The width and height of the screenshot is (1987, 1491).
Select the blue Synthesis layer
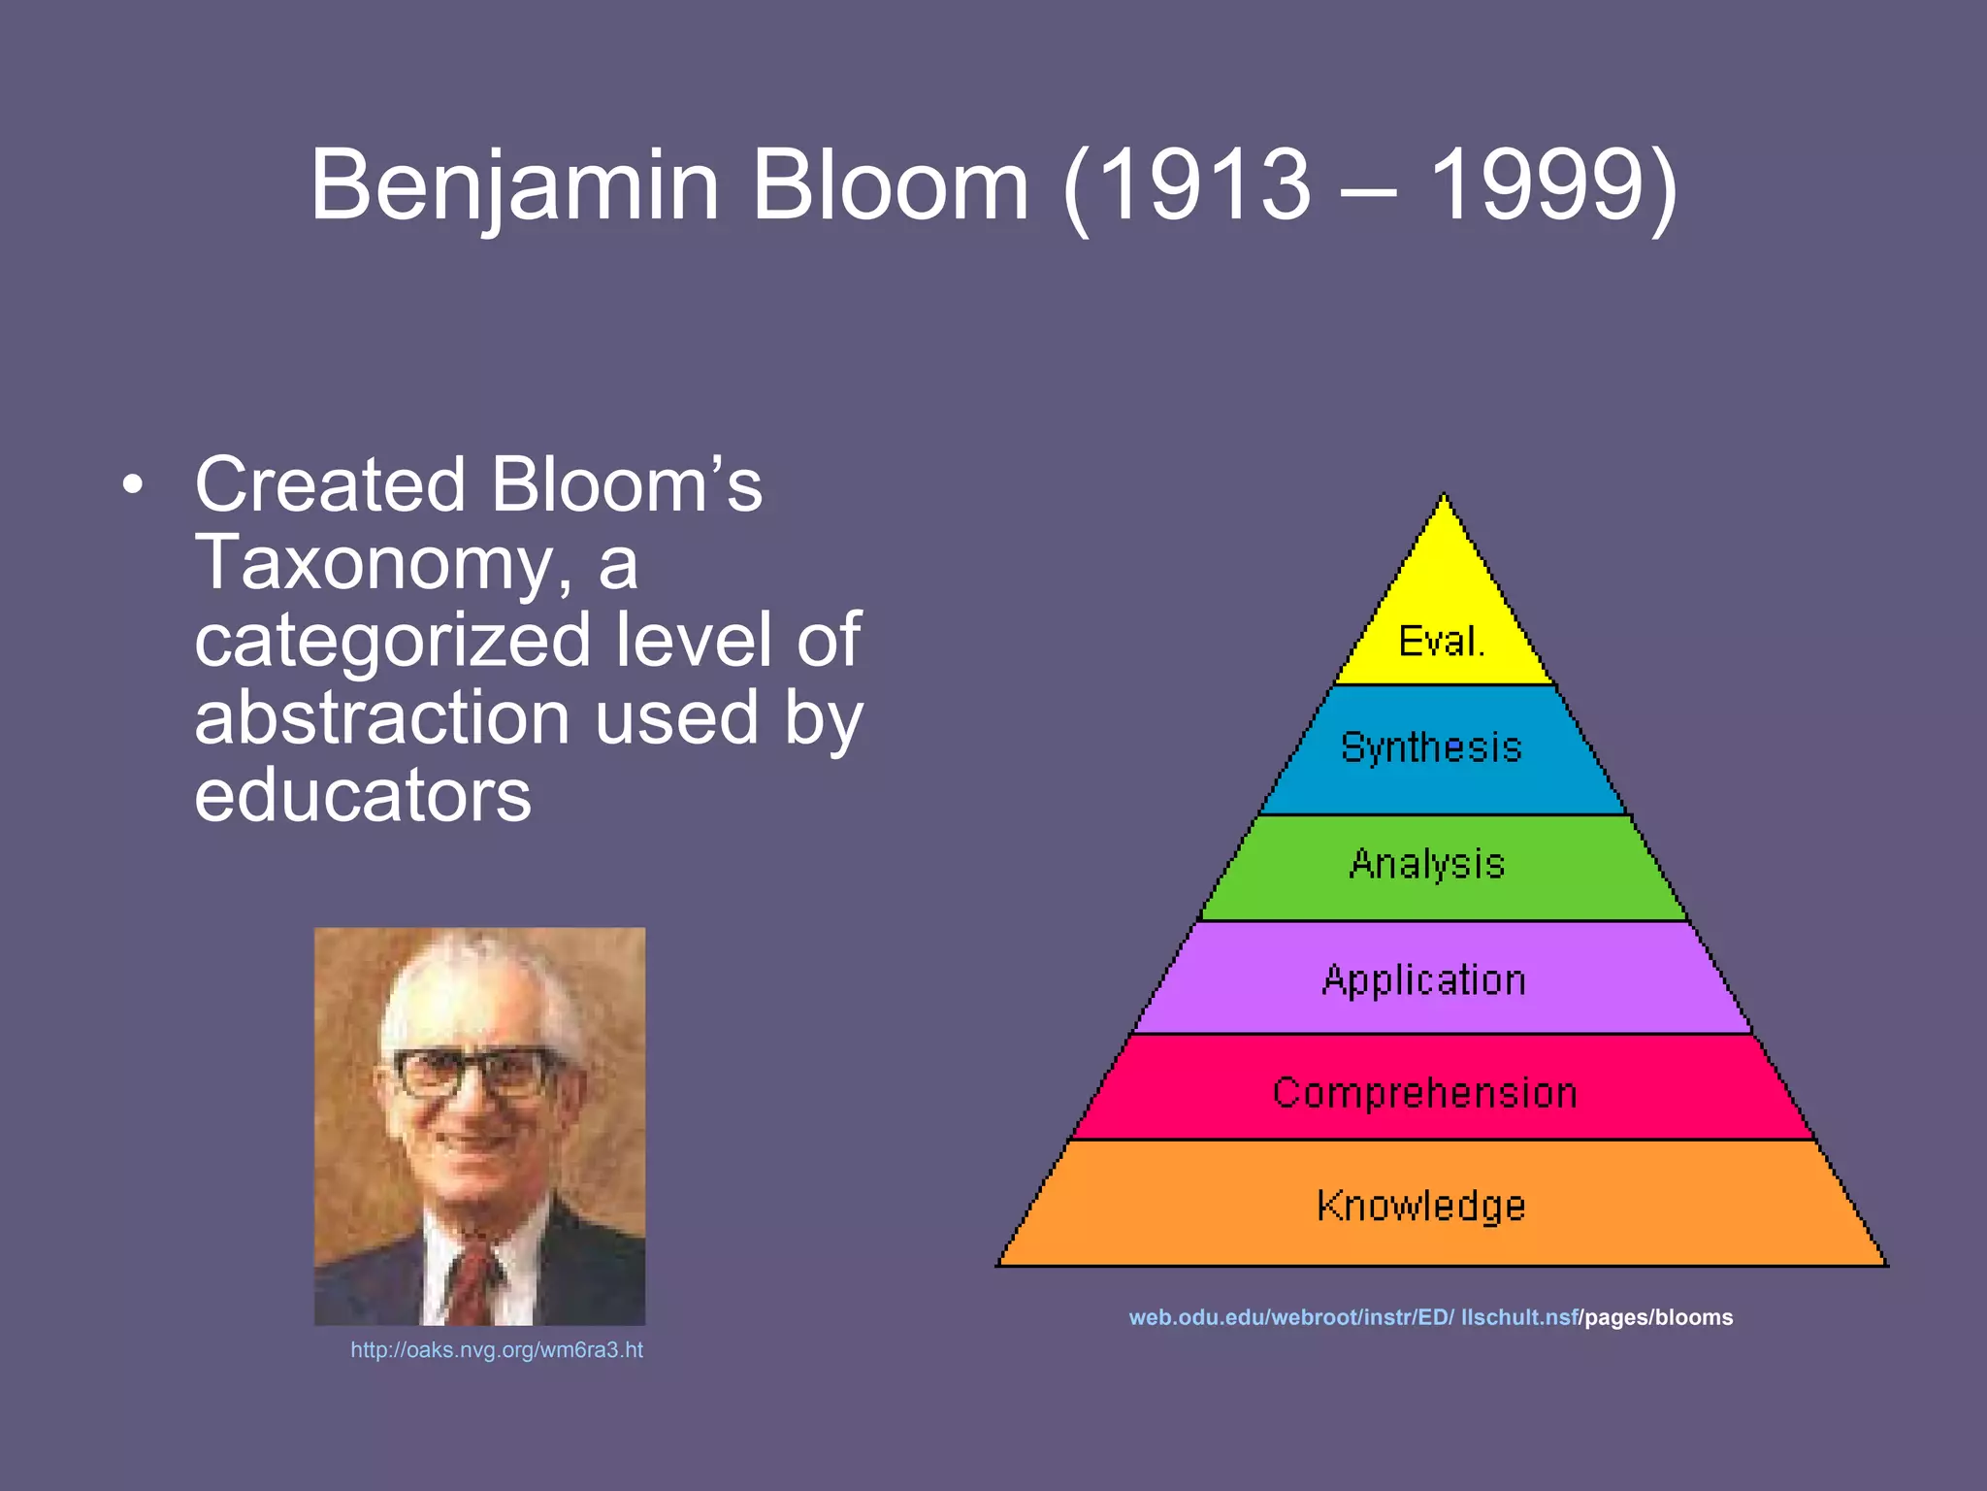coord(1432,748)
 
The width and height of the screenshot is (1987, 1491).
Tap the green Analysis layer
coord(1427,865)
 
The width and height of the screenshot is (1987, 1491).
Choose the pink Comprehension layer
coord(1424,1093)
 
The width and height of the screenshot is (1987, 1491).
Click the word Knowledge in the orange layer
coord(1421,1206)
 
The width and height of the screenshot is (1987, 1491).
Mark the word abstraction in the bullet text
coord(381,718)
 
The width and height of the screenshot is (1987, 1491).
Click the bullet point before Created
coord(134,485)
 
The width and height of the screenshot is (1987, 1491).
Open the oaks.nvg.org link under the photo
coord(497,1350)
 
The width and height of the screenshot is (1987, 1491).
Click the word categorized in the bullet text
coord(392,641)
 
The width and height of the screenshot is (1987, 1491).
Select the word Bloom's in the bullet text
coord(626,485)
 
